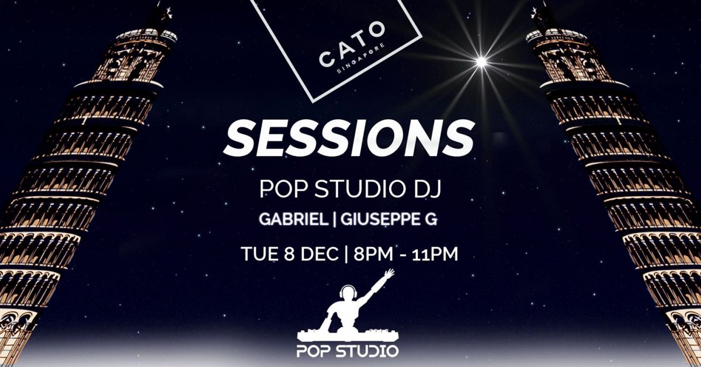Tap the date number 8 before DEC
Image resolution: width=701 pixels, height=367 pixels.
pos(285,254)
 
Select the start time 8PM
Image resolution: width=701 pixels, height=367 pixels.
pos(367,254)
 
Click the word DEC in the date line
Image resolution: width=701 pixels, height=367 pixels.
pos(313,254)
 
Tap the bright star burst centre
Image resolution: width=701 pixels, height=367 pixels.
pos(481,61)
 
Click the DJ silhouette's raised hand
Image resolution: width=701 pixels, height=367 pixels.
pos(388,273)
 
